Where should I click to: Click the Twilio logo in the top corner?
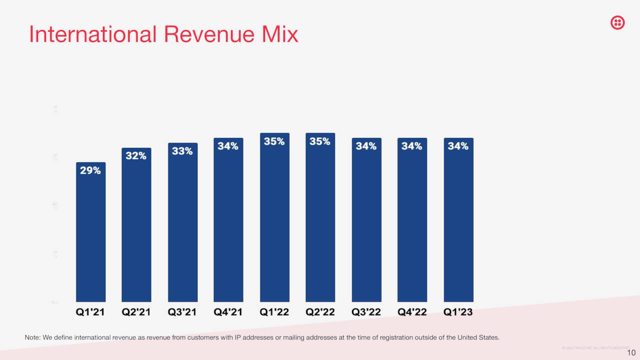[617, 22]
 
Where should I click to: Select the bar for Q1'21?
[90, 235]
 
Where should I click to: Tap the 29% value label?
[90, 170]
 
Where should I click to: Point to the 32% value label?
[136, 156]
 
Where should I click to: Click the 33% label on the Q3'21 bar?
[182, 151]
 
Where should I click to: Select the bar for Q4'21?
[228, 225]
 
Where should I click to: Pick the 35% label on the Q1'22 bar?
[274, 141]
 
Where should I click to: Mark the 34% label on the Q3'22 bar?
[366, 146]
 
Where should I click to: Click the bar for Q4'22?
[412, 225]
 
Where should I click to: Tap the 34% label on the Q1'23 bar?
[458, 146]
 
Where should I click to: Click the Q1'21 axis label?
[90, 312]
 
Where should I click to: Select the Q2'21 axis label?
[136, 312]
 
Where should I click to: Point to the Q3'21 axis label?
[182, 312]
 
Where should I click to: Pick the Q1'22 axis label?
[274, 312]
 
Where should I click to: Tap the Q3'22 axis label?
[366, 312]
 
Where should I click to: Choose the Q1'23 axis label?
[458, 312]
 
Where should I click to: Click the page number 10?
[631, 353]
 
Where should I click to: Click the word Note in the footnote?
[32, 337]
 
